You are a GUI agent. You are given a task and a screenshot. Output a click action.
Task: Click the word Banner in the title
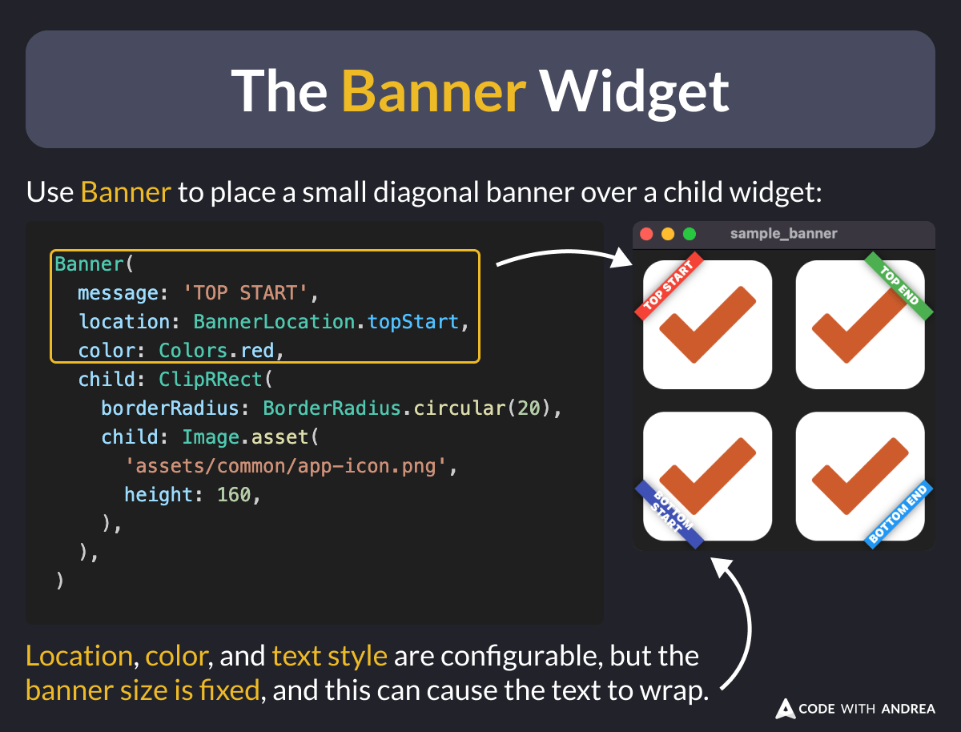pyautogui.click(x=433, y=90)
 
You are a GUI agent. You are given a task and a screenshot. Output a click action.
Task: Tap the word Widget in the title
pyautogui.click(x=633, y=90)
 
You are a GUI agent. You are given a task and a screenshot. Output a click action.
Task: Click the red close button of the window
pyautogui.click(x=647, y=235)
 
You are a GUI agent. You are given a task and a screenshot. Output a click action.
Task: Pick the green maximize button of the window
pyautogui.click(x=689, y=235)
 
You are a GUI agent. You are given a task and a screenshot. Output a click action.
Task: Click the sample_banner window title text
pyautogui.click(x=783, y=234)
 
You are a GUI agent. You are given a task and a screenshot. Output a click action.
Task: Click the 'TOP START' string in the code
pyautogui.click(x=247, y=293)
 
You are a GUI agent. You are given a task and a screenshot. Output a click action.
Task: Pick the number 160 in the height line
pyautogui.click(x=234, y=495)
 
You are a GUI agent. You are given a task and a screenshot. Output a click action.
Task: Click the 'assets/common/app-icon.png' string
pyautogui.click(x=285, y=466)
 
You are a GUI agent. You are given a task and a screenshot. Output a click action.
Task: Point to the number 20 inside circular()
pyautogui.click(x=528, y=408)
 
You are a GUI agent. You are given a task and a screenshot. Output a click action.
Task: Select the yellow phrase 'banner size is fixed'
pyautogui.click(x=143, y=690)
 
